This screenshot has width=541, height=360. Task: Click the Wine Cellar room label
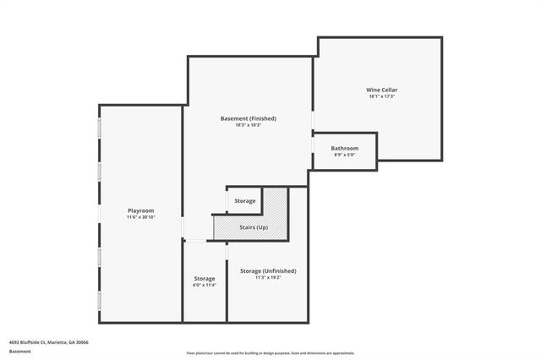coord(381,89)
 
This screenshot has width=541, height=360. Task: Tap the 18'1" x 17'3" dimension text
coord(381,96)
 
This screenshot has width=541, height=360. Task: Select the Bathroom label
coord(344,148)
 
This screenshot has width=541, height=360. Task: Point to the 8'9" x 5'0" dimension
coord(344,155)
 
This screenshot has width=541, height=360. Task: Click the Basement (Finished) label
coord(248,118)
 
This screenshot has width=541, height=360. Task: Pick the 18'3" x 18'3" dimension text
coord(248,126)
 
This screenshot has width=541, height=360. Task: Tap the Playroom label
coord(140,210)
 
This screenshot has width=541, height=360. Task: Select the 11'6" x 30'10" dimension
coord(140,217)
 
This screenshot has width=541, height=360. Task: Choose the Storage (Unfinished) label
coord(268,270)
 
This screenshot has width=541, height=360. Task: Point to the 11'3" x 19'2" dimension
coord(268,278)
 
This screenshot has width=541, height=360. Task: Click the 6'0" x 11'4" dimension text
coord(204,286)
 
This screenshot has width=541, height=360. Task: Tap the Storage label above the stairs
coord(245,200)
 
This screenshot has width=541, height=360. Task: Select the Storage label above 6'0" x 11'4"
coord(204,278)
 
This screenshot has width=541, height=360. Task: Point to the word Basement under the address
coord(19,350)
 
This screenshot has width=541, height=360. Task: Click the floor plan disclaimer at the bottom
coord(270,353)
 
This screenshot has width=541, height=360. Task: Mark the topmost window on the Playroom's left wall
coord(100,128)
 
